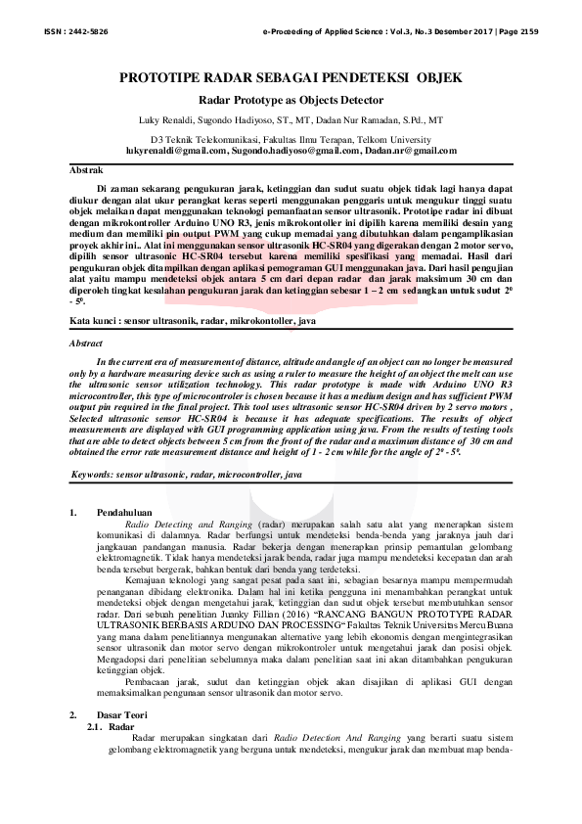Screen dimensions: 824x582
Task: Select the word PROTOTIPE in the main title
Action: pyautogui.click(x=162, y=77)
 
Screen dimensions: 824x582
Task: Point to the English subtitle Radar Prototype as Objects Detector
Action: pyautogui.click(x=291, y=100)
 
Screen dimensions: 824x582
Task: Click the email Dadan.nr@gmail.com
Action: pyautogui.click(x=409, y=151)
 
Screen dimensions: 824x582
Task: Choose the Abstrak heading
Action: pyautogui.click(x=88, y=169)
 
